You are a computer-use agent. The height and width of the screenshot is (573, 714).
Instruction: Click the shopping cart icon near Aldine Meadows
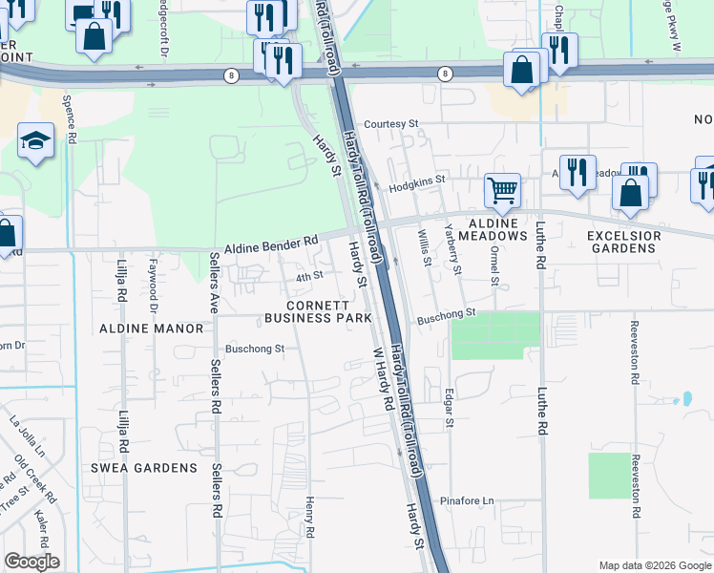pos(502,188)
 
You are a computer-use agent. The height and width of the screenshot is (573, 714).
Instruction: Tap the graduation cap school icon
pos(36,141)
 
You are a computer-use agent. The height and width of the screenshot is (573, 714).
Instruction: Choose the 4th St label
pos(310,277)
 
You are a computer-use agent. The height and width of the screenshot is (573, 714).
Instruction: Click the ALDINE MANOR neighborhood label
pos(151,329)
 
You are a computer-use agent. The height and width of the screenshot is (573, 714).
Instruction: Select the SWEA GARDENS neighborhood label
pos(143,468)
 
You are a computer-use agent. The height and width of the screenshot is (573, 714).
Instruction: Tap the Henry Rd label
pos(310,516)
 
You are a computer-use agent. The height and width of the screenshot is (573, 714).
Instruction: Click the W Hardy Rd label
pos(383,379)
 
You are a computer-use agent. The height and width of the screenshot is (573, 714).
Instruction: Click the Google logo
pos(31,562)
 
